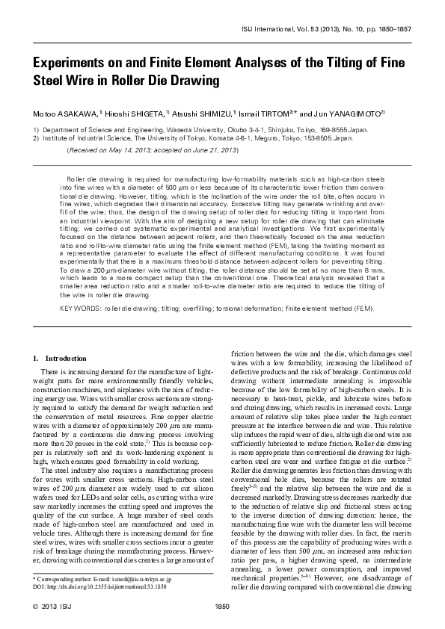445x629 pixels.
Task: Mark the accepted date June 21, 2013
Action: [x=213, y=150]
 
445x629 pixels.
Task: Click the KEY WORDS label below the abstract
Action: [x=81, y=328]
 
